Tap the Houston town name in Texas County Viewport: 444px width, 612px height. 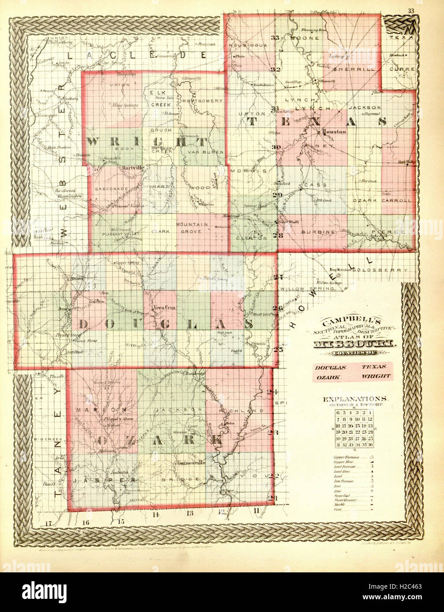pos(335,131)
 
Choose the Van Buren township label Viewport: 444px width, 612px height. pos(203,152)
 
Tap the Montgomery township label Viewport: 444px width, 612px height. pos(202,100)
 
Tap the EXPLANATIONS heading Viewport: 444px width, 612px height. pos(355,399)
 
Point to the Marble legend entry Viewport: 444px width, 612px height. pos(338,504)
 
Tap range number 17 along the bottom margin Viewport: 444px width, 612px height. pos(48,523)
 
